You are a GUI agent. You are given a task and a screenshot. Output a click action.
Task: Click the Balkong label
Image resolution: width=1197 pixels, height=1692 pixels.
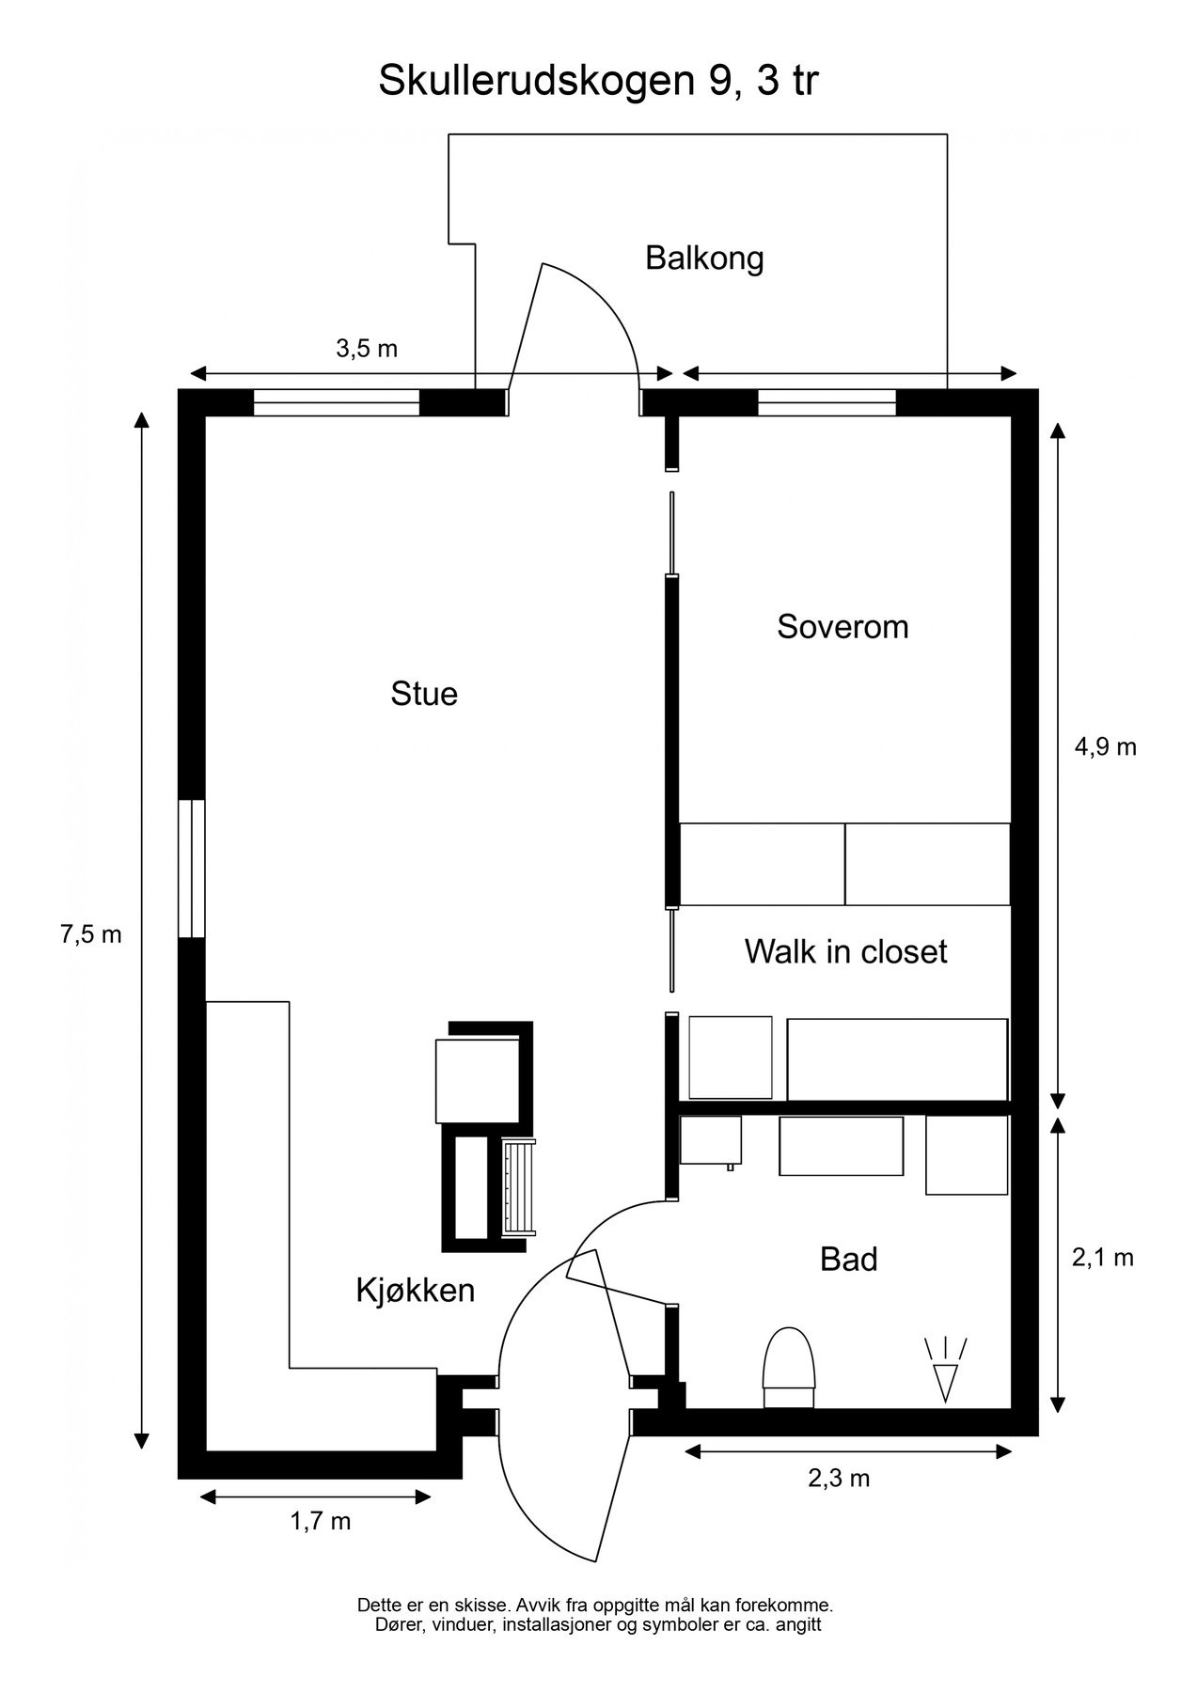click(703, 258)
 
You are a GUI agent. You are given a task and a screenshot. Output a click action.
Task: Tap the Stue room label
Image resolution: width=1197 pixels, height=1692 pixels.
click(424, 694)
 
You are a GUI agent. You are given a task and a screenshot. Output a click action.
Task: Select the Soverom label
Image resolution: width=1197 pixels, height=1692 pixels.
click(843, 626)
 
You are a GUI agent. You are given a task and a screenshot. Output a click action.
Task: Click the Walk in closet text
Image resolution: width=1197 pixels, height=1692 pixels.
click(845, 951)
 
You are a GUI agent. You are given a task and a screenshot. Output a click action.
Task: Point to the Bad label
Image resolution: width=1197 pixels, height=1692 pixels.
click(848, 1259)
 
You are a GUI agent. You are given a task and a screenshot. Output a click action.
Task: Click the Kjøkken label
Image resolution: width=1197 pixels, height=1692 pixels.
click(415, 1290)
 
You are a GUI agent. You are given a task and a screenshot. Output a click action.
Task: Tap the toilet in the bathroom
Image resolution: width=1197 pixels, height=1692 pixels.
click(788, 1366)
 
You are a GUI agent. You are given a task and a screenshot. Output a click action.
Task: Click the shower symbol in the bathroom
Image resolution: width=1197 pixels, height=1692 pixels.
click(947, 1369)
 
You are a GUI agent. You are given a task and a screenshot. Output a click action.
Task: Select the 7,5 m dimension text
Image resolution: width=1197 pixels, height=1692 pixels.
click(91, 934)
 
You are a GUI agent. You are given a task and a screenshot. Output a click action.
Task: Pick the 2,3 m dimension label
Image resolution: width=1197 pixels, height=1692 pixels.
click(839, 1479)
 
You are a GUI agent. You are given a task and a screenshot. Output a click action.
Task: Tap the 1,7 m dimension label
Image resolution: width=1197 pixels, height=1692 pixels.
click(320, 1521)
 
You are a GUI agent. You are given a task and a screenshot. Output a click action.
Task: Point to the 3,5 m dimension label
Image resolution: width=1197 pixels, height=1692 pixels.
click(367, 349)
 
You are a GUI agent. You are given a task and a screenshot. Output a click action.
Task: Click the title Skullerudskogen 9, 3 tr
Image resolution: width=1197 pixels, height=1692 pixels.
click(598, 82)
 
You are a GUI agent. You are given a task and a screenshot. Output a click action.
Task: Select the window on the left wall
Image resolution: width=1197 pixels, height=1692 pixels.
click(192, 869)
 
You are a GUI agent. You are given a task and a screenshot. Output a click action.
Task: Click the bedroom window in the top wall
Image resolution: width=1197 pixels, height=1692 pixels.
click(827, 402)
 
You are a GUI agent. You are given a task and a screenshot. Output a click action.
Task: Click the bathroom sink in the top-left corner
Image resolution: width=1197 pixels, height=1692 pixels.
click(710, 1140)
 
